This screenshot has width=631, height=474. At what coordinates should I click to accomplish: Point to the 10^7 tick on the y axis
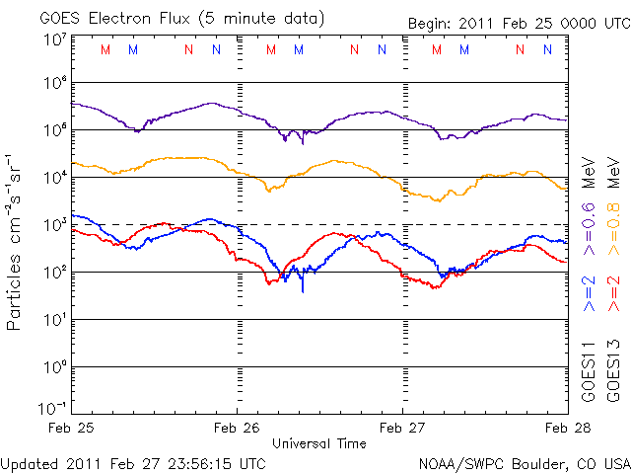[55, 39]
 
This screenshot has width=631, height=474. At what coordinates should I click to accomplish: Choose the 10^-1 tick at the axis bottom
[53, 408]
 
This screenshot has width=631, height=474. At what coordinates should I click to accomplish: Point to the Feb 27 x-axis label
[403, 428]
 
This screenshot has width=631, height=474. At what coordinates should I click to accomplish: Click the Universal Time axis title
[319, 443]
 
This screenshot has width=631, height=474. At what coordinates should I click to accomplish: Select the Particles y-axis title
[17, 240]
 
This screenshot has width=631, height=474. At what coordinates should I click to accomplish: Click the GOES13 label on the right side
[614, 369]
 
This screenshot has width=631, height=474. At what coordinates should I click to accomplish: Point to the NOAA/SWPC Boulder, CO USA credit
[524, 462]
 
